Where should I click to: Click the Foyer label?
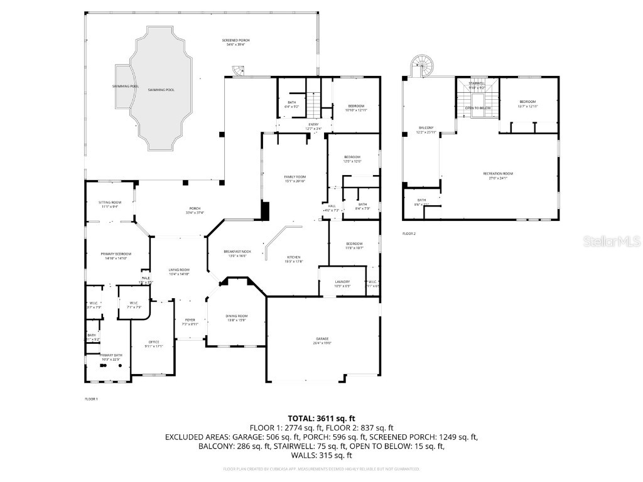(190, 321)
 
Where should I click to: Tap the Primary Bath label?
(110, 356)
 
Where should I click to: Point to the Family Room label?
(295, 179)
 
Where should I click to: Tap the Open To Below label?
(477, 108)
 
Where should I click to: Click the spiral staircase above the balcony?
(421, 65)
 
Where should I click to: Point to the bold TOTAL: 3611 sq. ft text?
(321, 418)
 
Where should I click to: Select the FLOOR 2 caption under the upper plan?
(409, 233)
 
